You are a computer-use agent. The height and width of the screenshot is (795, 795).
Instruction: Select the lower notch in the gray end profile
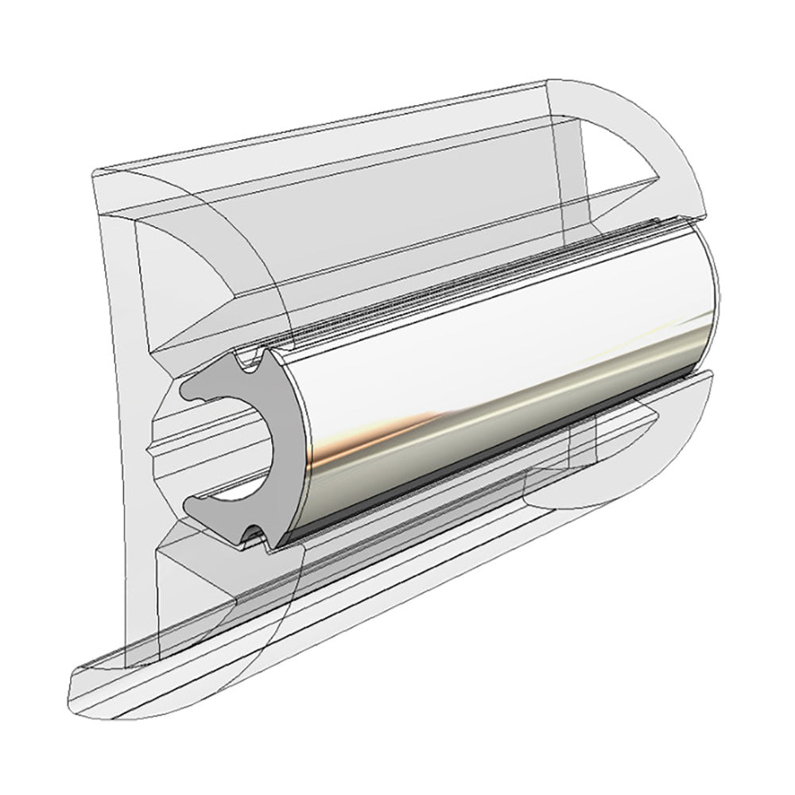[253, 534]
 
